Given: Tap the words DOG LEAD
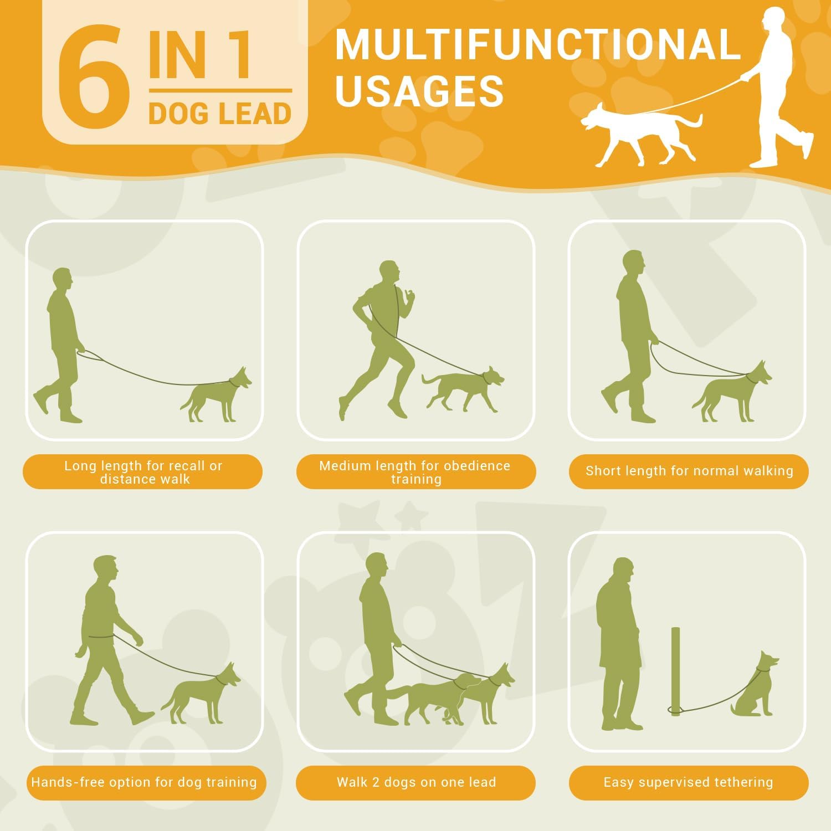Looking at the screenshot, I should pos(220,114).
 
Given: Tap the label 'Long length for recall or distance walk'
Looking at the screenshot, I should pos(143,472).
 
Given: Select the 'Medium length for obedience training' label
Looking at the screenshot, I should pos(416,472).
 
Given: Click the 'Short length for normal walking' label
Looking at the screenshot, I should pos(689,471).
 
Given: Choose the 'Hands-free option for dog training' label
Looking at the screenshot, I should pos(144,782).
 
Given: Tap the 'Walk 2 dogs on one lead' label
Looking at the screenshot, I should pos(416,782).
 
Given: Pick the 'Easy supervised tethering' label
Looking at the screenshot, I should pos(688,782).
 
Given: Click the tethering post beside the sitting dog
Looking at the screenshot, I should pos(675,670).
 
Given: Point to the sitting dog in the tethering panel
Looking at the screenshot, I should pos(757,687).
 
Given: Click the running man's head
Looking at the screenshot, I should pos(391,272).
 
